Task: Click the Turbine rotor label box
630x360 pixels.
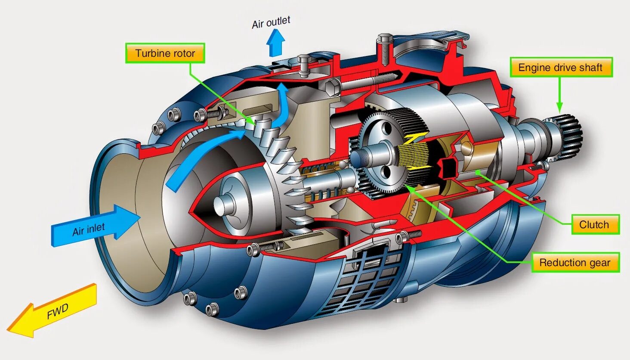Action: [x=165, y=53]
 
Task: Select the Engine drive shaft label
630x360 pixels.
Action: [x=561, y=68]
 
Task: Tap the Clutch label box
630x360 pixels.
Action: [x=595, y=224]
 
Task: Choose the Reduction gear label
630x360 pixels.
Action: [x=575, y=263]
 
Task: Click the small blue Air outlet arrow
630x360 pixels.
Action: [x=275, y=43]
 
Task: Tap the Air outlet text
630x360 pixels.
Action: [x=271, y=22]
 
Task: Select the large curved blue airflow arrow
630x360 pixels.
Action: [x=202, y=155]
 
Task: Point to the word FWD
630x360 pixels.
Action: [x=57, y=311]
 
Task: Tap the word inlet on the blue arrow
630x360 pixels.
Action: [x=96, y=228]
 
